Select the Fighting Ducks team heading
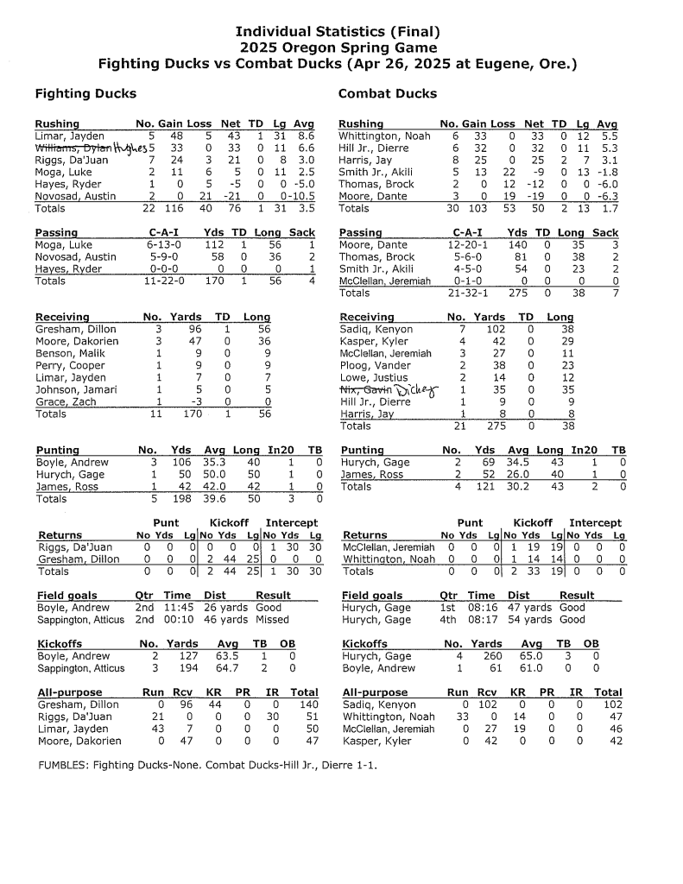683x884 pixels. tap(85, 93)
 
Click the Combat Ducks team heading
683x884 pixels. tap(387, 93)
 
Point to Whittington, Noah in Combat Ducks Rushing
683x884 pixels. tap(384, 136)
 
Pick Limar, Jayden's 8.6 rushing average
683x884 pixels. tap(305, 136)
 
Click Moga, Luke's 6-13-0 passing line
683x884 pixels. tap(162, 245)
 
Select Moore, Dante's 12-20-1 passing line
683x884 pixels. tap(467, 245)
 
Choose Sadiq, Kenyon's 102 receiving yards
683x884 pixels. tap(496, 330)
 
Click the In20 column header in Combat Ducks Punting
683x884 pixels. tap(584, 450)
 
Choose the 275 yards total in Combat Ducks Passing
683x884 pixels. tap(517, 294)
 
